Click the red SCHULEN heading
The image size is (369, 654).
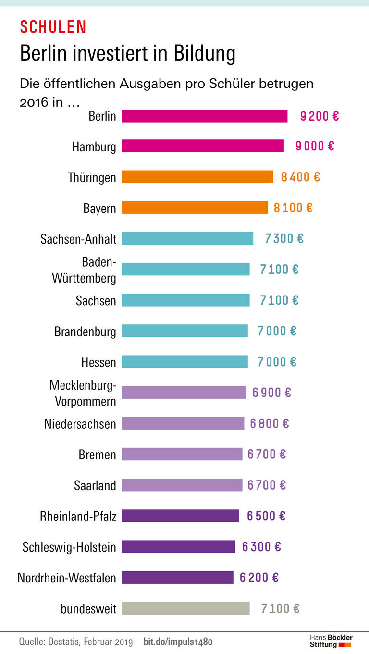[x=53, y=27]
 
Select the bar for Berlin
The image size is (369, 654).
[x=204, y=116]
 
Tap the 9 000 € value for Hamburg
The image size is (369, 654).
[x=315, y=146]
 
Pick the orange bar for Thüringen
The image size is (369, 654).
[x=197, y=177]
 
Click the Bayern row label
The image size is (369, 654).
[x=99, y=209]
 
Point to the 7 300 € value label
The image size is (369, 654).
[x=284, y=238]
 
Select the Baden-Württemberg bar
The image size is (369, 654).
[x=185, y=269]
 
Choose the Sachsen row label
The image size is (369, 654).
[x=96, y=301]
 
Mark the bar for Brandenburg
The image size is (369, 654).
[x=184, y=331]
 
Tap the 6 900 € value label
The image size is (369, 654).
[x=271, y=393]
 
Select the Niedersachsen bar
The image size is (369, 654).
[x=183, y=423]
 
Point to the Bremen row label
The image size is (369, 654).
[x=98, y=455]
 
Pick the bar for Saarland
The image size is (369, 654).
[x=182, y=485]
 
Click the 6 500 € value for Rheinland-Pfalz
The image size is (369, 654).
[x=266, y=516]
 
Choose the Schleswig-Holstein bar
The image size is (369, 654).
[x=178, y=546]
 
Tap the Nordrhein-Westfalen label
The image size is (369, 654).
[x=67, y=578]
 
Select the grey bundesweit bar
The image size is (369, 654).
[x=185, y=608]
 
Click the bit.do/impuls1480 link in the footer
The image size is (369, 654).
[x=178, y=642]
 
